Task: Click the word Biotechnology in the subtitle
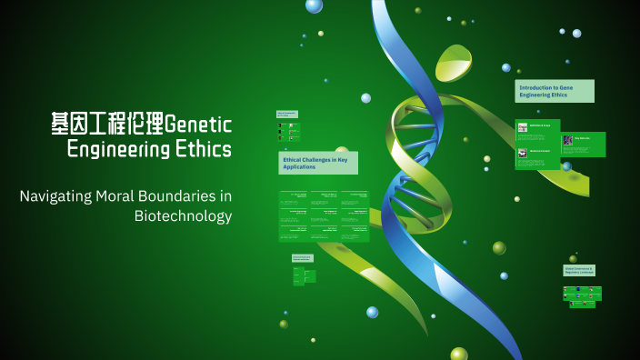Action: (x=183, y=216)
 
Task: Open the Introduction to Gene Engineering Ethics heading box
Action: (x=554, y=91)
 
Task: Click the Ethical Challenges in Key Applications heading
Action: (x=317, y=163)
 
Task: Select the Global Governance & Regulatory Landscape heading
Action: (x=579, y=270)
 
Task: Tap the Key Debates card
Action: (x=583, y=144)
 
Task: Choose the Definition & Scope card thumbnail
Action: (x=523, y=127)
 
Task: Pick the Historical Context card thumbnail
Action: (x=523, y=154)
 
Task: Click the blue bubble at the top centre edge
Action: (x=314, y=5)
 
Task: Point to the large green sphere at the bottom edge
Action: (x=459, y=355)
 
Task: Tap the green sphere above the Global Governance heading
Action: (x=573, y=258)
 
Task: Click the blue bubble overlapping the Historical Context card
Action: (x=566, y=166)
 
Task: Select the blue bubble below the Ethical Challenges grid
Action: (x=372, y=312)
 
